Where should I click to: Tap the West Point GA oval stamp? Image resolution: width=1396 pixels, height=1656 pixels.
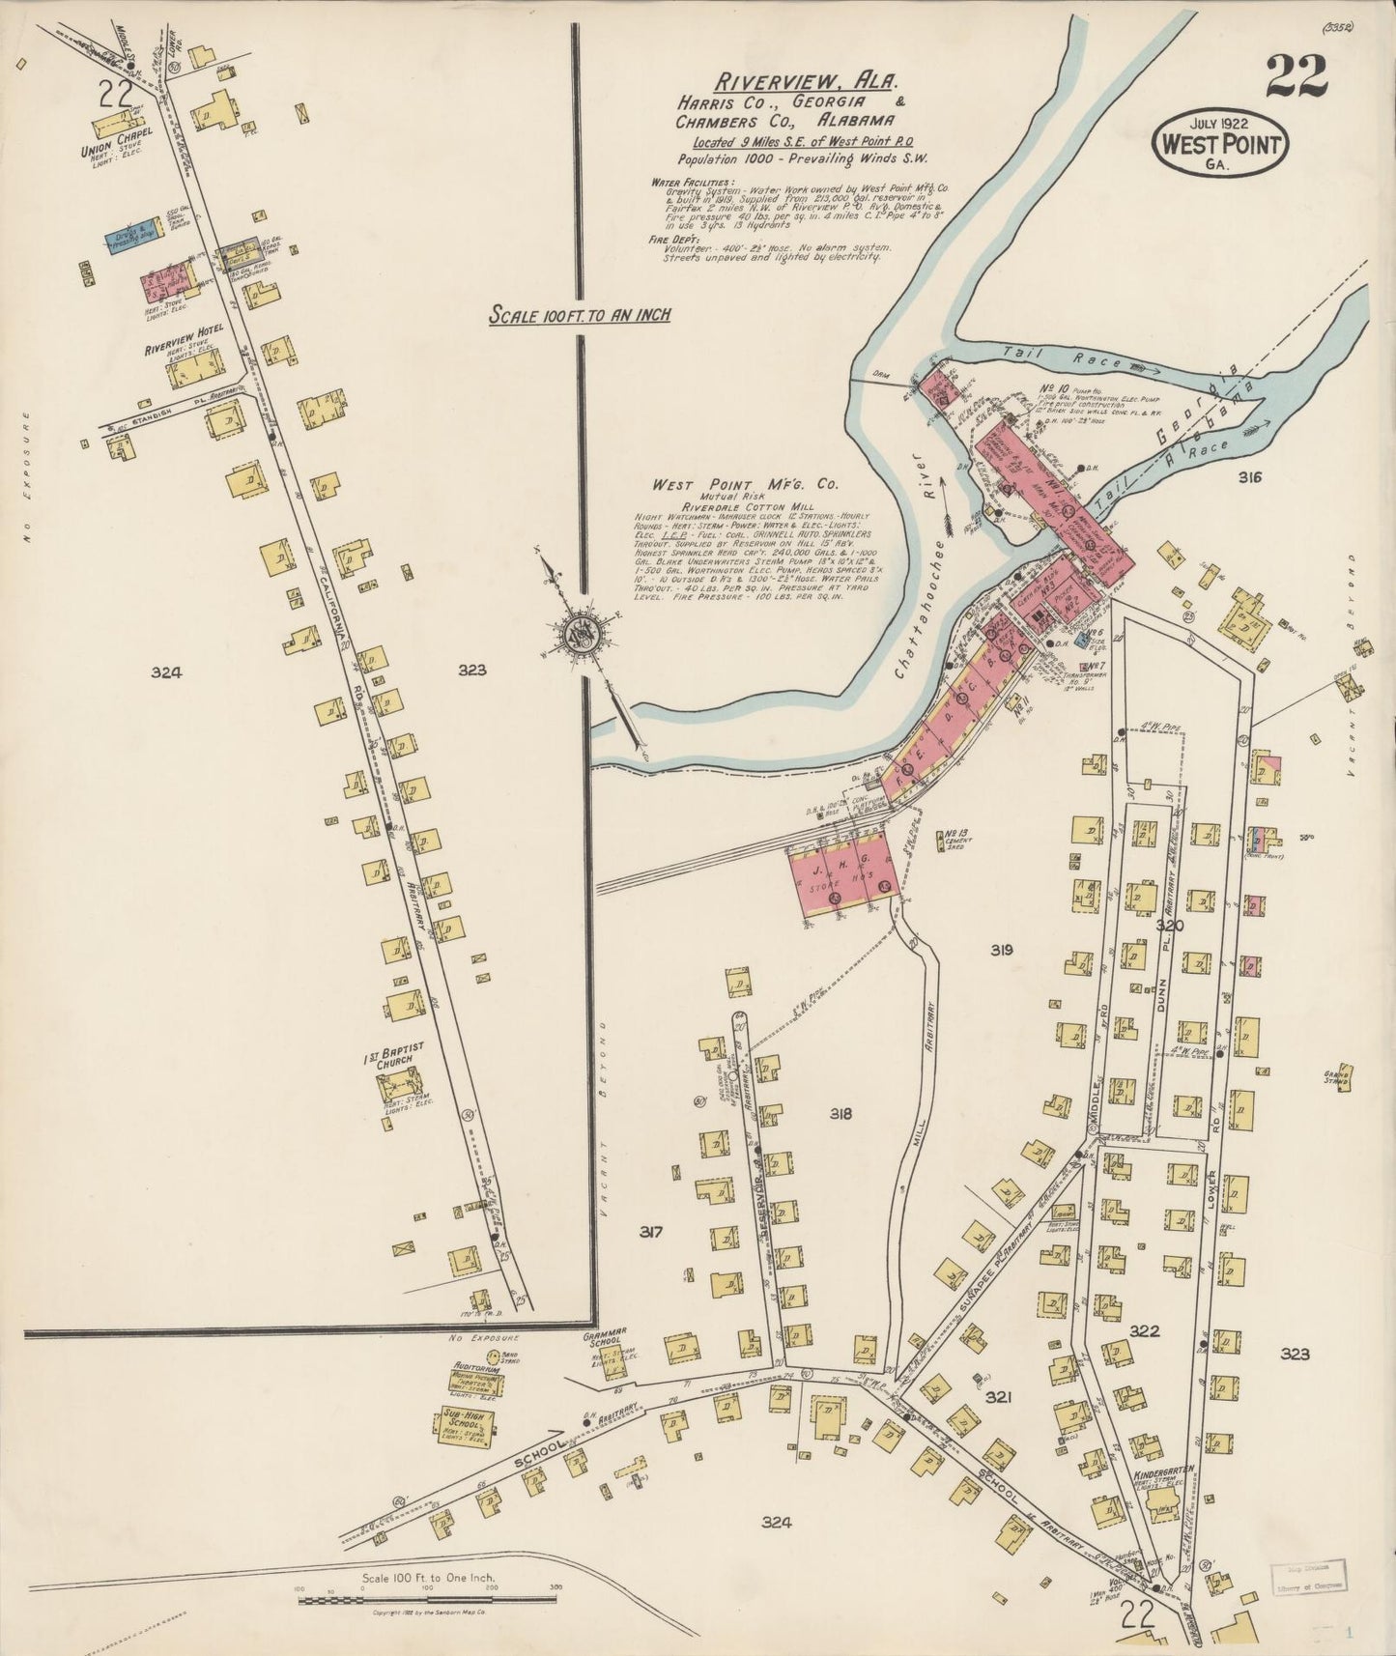1221,145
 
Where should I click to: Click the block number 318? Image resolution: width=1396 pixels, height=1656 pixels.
840,1114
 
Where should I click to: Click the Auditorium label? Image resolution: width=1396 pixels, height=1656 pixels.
475,1369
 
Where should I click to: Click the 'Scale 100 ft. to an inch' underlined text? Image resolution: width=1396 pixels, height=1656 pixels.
579,314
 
